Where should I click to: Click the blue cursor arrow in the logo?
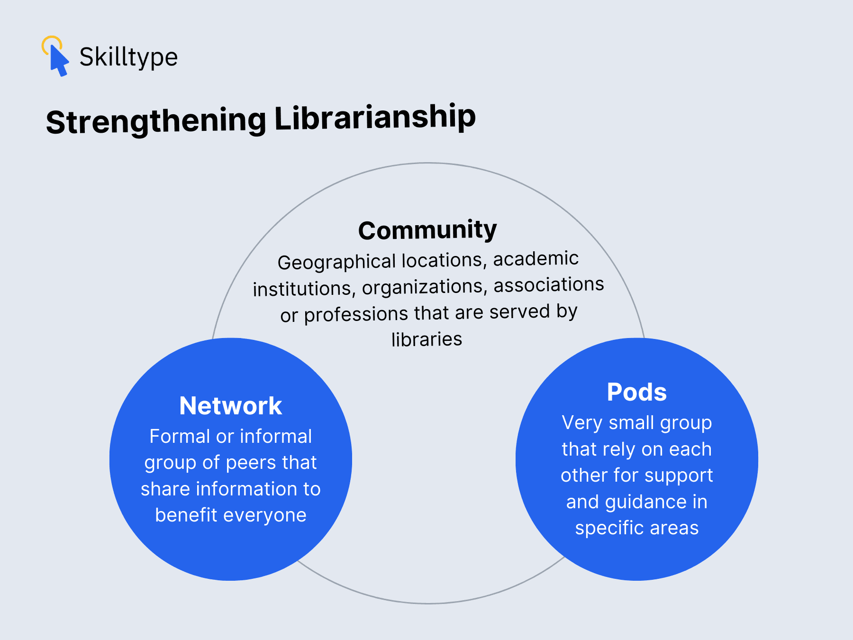coord(59,61)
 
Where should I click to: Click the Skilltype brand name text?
coord(128,57)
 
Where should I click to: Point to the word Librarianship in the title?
coord(375,117)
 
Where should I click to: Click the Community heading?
coord(427,230)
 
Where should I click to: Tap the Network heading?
coord(231,406)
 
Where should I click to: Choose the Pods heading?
coord(637,392)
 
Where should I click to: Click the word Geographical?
coord(336,262)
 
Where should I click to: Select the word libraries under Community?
coord(426,339)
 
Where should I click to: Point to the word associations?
coord(549,285)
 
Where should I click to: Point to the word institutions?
coord(304,289)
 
